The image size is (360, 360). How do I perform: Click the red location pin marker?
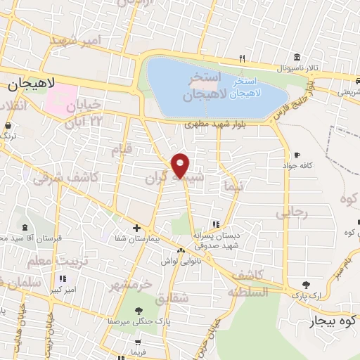coord(181,166)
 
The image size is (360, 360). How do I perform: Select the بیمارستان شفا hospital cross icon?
coord(137,228)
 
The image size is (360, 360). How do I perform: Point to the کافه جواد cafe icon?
coord(297,155)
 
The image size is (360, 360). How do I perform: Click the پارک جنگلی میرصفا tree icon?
coord(138,309)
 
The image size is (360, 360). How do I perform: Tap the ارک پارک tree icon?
coord(306,285)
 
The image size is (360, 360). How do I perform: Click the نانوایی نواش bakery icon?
coord(181,250)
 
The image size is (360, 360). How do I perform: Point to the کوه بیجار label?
coord(334,323)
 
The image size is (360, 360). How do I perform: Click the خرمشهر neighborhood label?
coord(130,286)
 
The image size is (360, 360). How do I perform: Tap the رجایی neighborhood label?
coord(291,212)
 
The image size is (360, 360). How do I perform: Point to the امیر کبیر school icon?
coord(63,278)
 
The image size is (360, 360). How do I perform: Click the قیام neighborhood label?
coord(122,149)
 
